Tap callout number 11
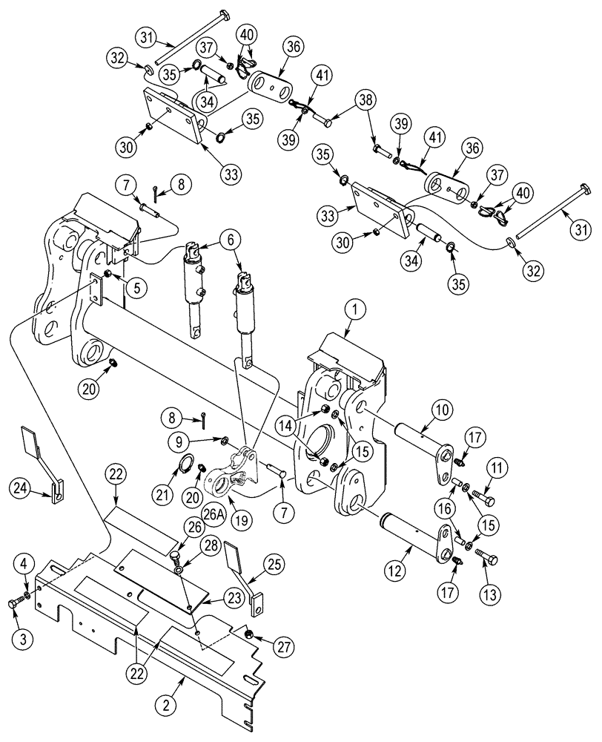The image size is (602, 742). [497, 468]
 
